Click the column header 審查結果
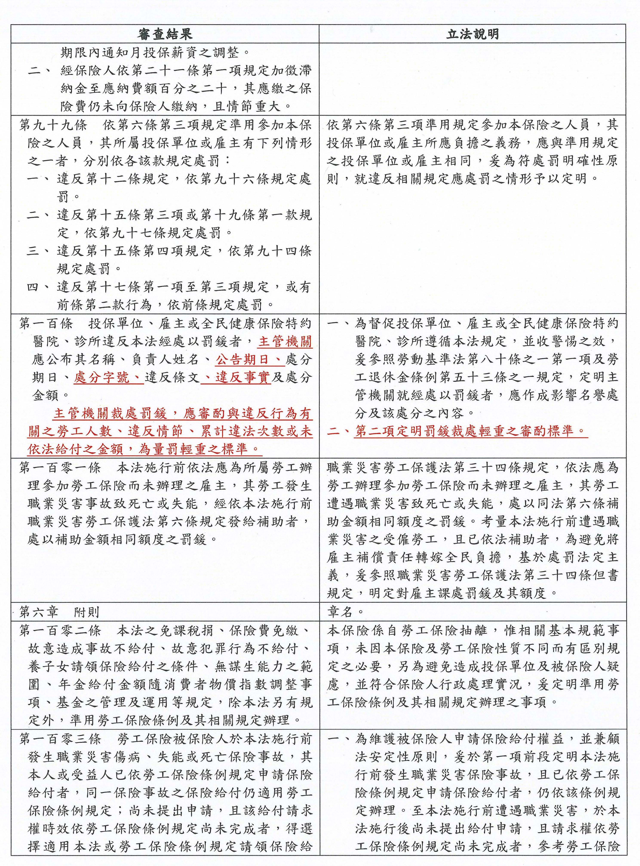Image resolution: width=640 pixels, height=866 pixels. coord(165,34)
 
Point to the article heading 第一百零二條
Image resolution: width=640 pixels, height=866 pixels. coord(60,631)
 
